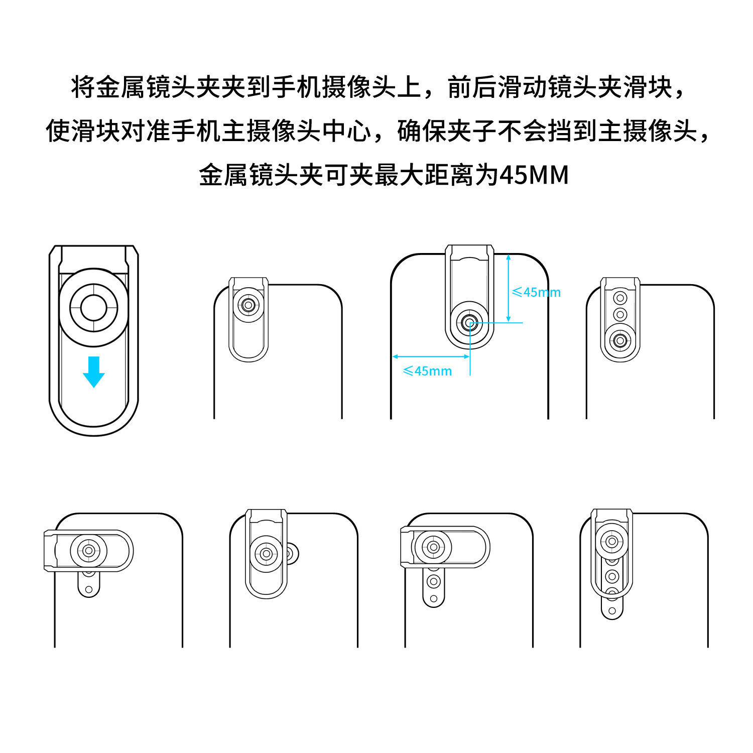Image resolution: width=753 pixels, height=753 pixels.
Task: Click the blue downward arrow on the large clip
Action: point(94,371)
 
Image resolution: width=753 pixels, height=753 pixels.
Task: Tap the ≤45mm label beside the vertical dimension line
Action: point(536,292)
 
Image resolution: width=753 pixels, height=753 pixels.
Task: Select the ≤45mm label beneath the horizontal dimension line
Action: point(427,371)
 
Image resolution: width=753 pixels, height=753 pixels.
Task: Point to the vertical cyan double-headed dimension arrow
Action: point(509,288)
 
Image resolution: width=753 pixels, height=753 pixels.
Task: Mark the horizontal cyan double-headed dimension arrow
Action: point(431,356)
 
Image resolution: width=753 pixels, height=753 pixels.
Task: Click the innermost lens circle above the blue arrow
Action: point(93,307)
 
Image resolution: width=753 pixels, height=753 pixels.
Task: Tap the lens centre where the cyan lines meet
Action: point(470,323)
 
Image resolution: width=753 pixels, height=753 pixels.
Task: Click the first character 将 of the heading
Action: point(83,87)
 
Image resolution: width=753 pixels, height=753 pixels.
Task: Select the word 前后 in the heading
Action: point(472,87)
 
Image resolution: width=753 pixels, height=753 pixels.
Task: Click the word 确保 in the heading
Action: point(422,132)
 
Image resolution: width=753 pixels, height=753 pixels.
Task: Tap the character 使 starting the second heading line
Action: point(58,132)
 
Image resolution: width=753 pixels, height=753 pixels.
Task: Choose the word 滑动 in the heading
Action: point(522,87)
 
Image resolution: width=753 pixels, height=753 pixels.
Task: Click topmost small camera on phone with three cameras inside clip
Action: point(620,298)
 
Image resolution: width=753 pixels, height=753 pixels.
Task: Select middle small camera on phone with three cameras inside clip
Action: point(620,315)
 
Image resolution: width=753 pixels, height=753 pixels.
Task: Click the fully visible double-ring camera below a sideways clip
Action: point(433,581)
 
